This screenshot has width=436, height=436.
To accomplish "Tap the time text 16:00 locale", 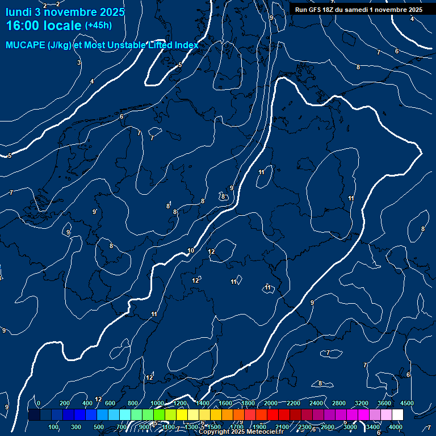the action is pyautogui.click(x=44, y=26).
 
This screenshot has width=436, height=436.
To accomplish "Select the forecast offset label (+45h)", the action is pyautogui.click(x=98, y=26).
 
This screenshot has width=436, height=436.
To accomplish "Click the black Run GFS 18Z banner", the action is pyautogui.click(x=359, y=10).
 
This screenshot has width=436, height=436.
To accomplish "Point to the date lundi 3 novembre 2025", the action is pyautogui.click(x=65, y=11).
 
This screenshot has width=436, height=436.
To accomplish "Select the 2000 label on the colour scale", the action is pyautogui.click(x=271, y=403).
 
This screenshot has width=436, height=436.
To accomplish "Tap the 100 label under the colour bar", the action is pyautogui.click(x=54, y=427).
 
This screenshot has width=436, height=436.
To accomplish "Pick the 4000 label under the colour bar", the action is pyautogui.click(x=396, y=427).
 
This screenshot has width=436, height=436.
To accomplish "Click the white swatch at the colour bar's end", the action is pyautogui.click(x=397, y=414).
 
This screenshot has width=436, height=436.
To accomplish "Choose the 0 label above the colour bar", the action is pyautogui.click(x=38, y=403).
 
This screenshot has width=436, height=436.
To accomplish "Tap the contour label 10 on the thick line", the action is pyautogui.click(x=191, y=250).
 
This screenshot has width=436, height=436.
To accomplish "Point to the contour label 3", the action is pyautogui.click(x=79, y=62).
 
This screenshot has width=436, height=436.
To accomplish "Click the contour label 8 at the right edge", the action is pyautogui.click(x=423, y=229).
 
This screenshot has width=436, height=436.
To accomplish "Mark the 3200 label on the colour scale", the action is pyautogui.click(x=362, y=403).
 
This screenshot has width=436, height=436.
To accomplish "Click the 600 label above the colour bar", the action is pyautogui.click(x=110, y=403).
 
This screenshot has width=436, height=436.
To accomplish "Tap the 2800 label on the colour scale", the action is pyautogui.click(x=339, y=403).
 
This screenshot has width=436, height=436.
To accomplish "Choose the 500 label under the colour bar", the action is pyautogui.click(x=99, y=427).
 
